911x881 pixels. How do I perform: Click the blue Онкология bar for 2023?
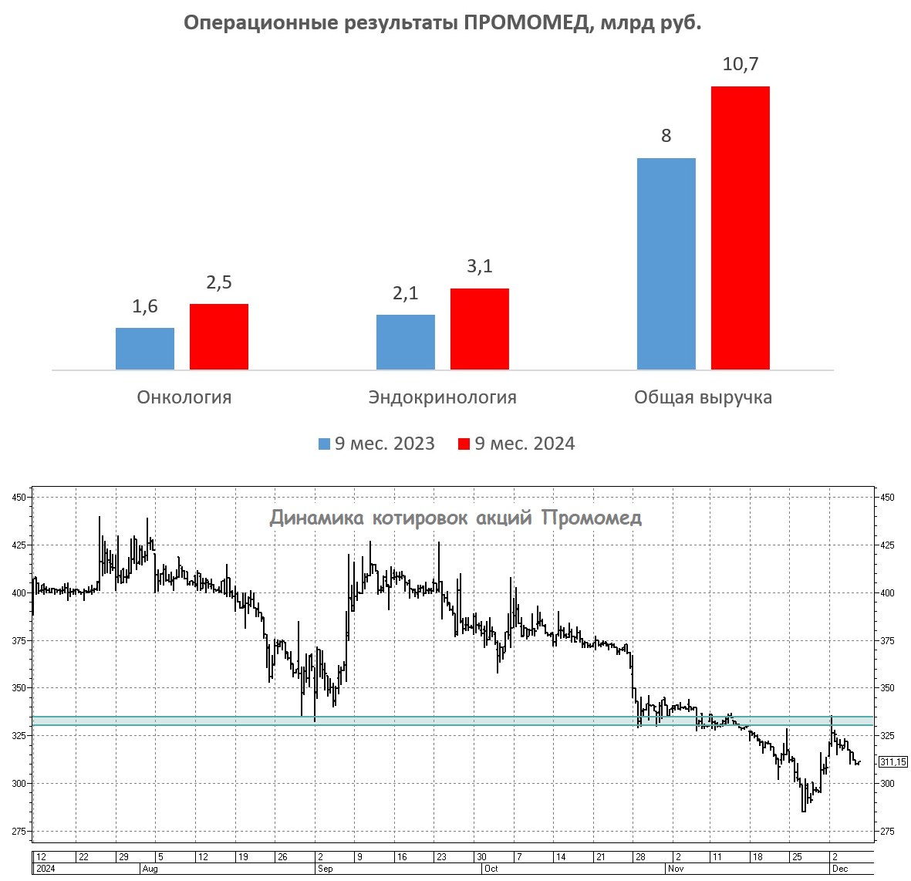tap(145, 349)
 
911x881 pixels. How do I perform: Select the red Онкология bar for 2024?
tap(219, 336)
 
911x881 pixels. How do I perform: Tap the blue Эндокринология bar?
tap(406, 342)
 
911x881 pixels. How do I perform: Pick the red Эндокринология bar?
tap(480, 329)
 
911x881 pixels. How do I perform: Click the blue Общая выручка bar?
tap(666, 264)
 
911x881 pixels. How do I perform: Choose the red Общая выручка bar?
tap(741, 228)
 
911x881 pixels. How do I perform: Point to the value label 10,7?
tap(741, 64)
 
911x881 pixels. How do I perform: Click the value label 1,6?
tap(145, 306)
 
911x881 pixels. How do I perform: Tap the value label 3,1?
tap(480, 267)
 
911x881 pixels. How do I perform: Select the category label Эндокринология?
tap(443, 397)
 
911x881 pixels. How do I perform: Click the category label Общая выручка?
tap(703, 397)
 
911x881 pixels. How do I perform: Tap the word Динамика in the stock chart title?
tap(317, 518)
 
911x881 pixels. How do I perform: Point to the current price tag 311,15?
tap(892, 762)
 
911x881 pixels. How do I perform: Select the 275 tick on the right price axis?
tap(887, 831)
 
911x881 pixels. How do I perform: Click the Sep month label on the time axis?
tap(326, 869)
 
